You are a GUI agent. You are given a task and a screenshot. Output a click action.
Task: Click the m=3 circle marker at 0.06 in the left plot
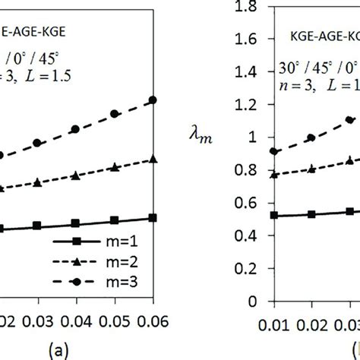pyautogui.click(x=153, y=99)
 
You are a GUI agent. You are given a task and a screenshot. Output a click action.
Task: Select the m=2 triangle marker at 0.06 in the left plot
pyautogui.click(x=153, y=159)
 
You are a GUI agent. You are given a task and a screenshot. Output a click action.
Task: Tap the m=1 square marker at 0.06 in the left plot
pyautogui.click(x=153, y=218)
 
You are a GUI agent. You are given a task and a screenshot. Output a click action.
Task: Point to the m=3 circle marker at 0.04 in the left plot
pyautogui.click(x=75, y=129)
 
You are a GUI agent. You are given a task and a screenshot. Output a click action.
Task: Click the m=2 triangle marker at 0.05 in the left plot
pyautogui.click(x=114, y=167)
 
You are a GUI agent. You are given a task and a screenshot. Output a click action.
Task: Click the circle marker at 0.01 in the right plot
pyautogui.click(x=274, y=151)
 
